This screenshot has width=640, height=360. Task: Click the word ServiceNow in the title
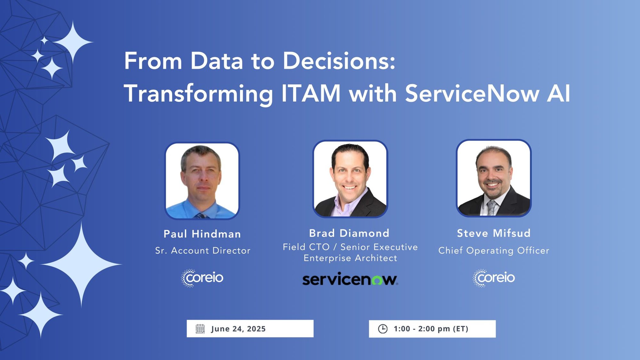tap(472, 93)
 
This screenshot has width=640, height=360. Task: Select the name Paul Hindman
tap(202, 234)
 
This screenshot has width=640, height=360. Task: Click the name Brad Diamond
tap(349, 233)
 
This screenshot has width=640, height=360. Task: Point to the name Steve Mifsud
tap(494, 233)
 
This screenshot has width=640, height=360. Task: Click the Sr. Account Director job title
tap(203, 251)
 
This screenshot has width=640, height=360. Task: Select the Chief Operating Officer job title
tap(494, 251)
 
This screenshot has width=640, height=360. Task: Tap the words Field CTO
tap(306, 247)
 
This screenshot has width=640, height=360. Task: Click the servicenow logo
tap(350, 279)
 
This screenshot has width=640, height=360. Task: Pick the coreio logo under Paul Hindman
tap(202, 278)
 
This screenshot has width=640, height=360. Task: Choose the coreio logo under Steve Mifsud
tap(494, 278)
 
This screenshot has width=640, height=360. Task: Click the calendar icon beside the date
tap(200, 329)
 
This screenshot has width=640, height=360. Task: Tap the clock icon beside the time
tap(383, 329)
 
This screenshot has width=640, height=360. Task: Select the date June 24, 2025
tap(238, 329)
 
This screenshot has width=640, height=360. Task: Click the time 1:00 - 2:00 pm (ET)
tap(431, 329)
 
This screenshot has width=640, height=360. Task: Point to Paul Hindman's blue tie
tap(201, 216)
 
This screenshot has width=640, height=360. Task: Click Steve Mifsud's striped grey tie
tap(492, 208)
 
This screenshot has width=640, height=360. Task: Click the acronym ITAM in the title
tap(311, 93)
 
